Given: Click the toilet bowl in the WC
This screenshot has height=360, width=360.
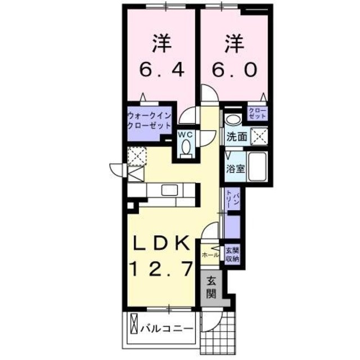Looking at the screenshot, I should click(x=186, y=147).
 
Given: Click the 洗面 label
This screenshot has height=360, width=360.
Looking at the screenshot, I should click(x=237, y=136).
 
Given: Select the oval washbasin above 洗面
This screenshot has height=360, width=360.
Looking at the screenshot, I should click(x=233, y=119).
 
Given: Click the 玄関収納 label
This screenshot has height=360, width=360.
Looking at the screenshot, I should click(x=232, y=254).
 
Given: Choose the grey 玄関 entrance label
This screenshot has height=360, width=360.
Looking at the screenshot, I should click(x=210, y=286).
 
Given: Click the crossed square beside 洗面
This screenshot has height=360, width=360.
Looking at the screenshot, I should click(x=259, y=135).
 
